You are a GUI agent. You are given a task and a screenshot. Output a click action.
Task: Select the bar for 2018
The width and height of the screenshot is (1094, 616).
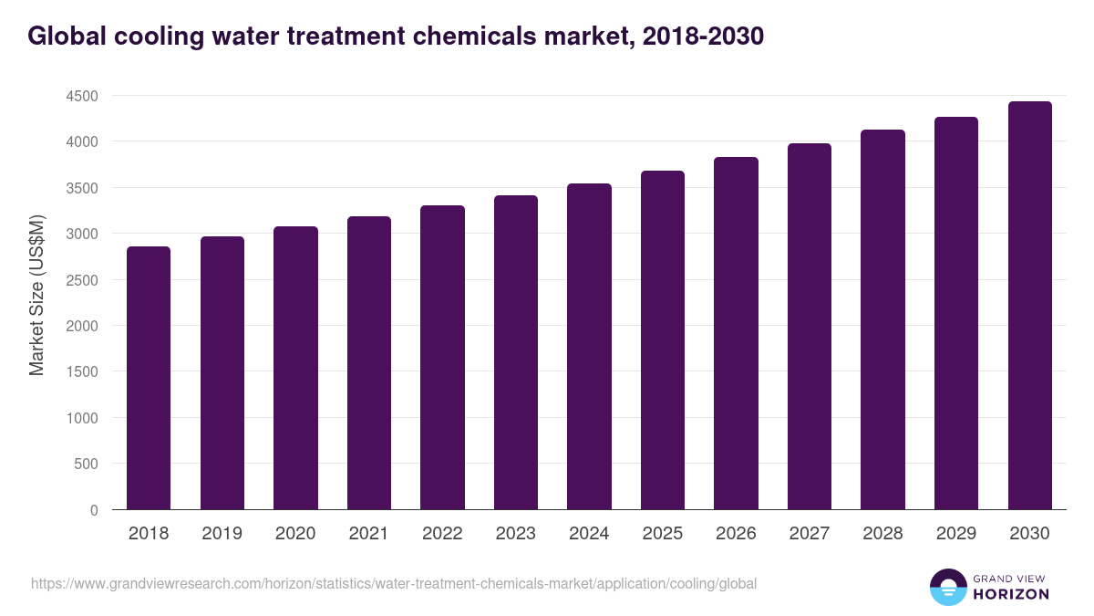tap(149, 378)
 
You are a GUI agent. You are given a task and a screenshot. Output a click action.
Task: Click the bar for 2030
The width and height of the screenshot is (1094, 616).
tap(1029, 306)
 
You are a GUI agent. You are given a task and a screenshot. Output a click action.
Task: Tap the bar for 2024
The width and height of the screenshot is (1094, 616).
tap(589, 347)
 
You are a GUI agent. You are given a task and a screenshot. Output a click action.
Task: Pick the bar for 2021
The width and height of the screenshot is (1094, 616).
tap(369, 363)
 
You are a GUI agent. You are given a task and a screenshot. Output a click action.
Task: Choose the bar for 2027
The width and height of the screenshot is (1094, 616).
tap(810, 327)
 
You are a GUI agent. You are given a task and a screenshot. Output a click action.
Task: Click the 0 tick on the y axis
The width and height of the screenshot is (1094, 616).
tap(94, 510)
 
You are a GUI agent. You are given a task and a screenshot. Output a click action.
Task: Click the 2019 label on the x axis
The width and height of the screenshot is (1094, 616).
tap(222, 534)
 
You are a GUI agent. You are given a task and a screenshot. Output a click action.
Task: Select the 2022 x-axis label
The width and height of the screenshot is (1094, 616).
tap(442, 534)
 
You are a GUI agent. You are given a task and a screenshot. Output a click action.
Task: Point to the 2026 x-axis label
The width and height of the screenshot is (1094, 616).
tap(736, 534)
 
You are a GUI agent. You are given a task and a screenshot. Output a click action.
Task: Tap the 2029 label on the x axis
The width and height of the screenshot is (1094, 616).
tap(956, 534)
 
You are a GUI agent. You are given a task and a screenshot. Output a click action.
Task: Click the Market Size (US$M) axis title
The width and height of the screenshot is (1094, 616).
tap(36, 295)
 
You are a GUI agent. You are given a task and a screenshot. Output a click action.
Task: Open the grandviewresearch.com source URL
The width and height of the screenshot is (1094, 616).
tap(394, 583)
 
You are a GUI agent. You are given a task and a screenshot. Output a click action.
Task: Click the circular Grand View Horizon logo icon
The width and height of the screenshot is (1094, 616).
tap(947, 587)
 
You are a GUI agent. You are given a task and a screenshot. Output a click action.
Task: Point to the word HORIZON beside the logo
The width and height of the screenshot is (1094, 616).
tap(1012, 594)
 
